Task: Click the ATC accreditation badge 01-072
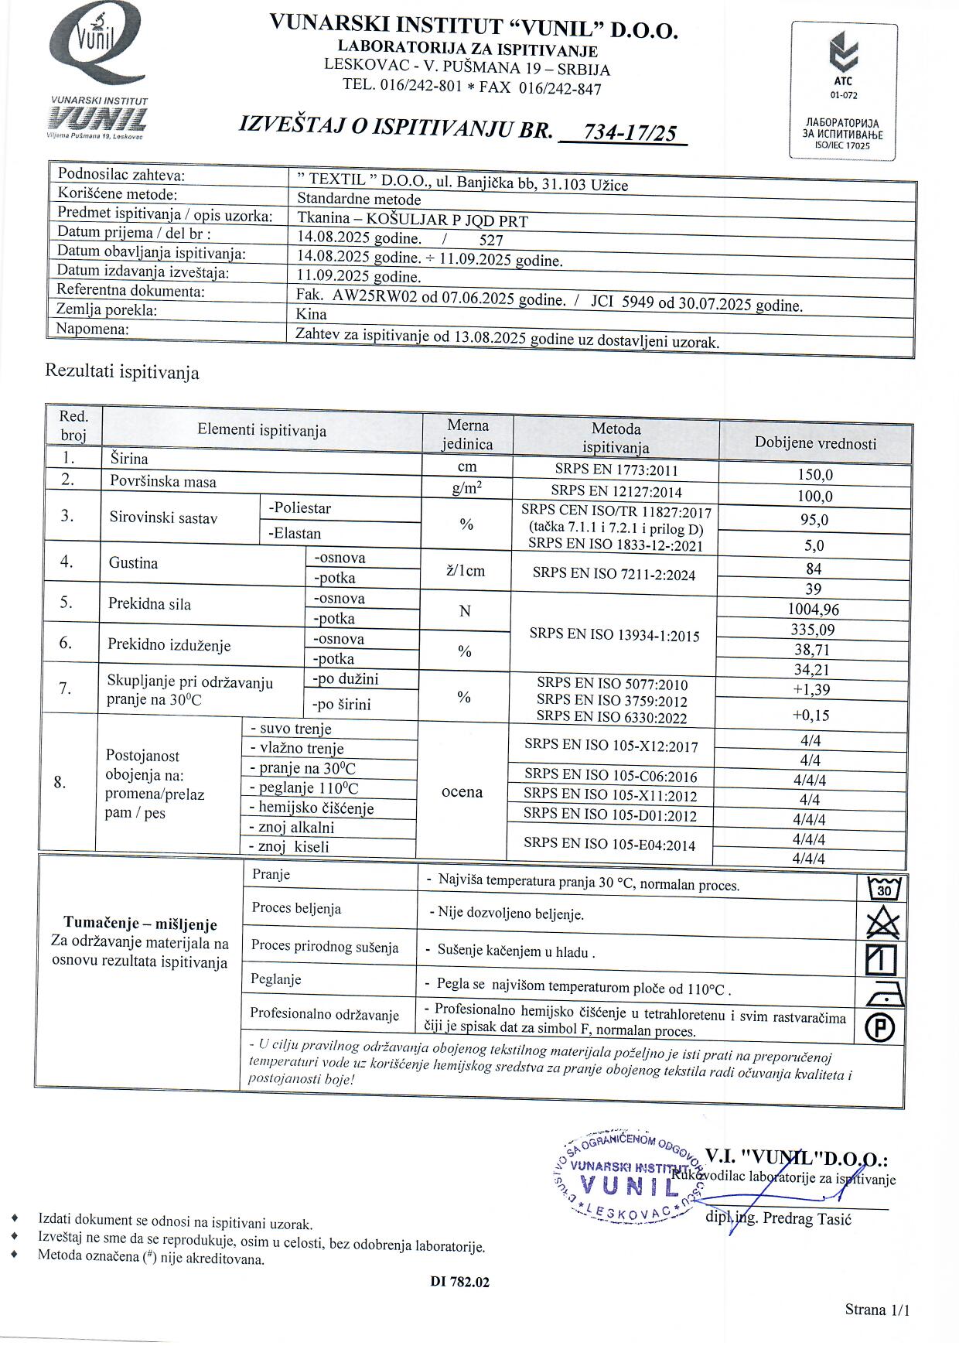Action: point(843,91)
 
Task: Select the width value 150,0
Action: point(814,475)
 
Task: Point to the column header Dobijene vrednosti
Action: point(815,443)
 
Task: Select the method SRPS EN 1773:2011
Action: point(616,469)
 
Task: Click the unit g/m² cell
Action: point(466,488)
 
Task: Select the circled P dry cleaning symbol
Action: point(882,1027)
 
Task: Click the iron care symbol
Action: point(882,993)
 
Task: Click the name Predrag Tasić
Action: point(806,1218)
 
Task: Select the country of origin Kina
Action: point(312,315)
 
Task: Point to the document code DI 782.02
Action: point(459,1282)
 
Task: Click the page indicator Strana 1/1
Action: point(877,1310)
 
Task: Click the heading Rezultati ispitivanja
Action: point(122,372)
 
